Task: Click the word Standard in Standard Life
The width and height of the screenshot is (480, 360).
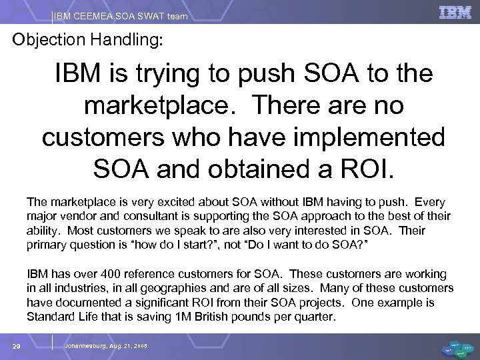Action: pos(48,317)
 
